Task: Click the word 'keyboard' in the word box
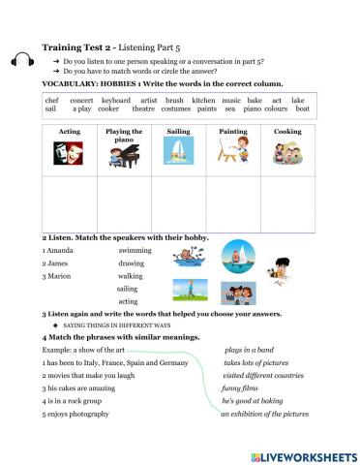tap(115, 100)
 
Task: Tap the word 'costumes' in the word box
tap(172, 109)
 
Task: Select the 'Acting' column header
tap(70, 131)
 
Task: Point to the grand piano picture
tap(124, 157)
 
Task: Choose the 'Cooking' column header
tap(287, 131)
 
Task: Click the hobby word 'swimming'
tap(135, 250)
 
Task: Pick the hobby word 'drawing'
tap(132, 263)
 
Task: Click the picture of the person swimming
tap(187, 258)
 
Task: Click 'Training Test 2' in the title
tap(77, 47)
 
